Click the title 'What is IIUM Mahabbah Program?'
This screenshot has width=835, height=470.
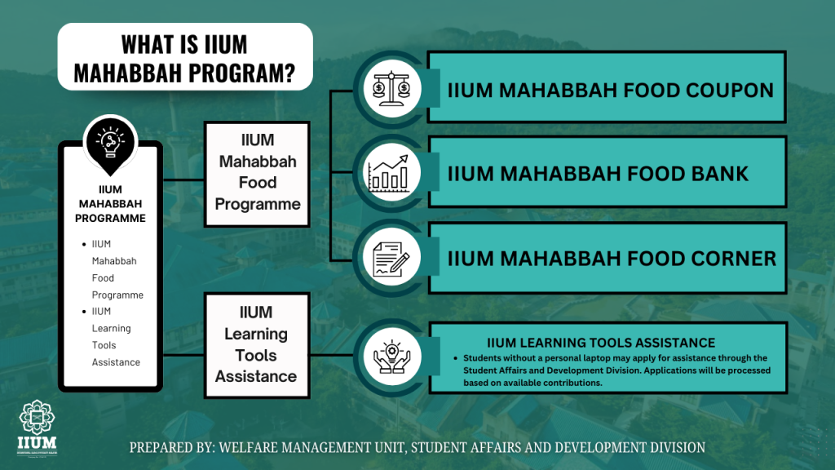(185, 58)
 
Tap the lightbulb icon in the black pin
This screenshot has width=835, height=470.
(110, 142)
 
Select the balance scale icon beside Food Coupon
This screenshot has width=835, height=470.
(391, 88)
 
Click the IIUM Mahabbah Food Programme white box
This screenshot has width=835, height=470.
(257, 175)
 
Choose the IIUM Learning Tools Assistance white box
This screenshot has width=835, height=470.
(257, 345)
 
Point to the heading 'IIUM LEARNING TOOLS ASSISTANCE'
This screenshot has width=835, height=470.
(601, 343)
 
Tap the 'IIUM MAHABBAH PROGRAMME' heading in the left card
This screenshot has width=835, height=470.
(110, 203)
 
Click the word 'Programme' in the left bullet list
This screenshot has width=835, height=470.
(117, 295)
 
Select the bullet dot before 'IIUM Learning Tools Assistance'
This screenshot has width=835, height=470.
(84, 311)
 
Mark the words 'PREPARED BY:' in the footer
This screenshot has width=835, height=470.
(172, 447)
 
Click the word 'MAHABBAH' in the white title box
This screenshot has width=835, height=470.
(128, 73)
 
